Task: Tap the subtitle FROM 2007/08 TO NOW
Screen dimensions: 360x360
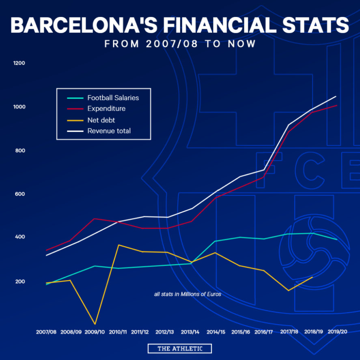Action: [x=180, y=44]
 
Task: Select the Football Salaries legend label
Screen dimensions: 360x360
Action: [x=113, y=98]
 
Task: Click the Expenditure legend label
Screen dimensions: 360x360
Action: [x=106, y=109]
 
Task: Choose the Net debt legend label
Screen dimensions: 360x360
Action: [x=101, y=120]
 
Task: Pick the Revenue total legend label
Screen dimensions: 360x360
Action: [x=109, y=131]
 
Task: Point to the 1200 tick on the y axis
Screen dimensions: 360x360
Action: [x=19, y=63]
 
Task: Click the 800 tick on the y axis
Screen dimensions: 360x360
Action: [x=20, y=151]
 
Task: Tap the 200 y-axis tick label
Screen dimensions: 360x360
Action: [x=20, y=281]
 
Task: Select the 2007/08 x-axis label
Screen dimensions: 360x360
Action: [x=46, y=332]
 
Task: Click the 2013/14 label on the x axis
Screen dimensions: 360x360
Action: [x=190, y=332]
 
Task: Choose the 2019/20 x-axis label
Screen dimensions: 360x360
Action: [x=337, y=332]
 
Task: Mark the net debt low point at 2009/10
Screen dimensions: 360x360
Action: [x=95, y=324]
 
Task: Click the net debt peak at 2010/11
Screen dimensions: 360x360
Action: [x=119, y=245]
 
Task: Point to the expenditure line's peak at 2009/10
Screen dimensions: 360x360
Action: [x=94, y=219]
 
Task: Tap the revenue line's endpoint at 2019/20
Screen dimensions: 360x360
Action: [x=336, y=96]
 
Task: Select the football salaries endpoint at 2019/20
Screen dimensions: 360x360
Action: [x=337, y=240]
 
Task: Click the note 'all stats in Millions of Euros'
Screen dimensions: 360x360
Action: [x=188, y=294]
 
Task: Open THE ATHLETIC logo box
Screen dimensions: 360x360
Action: [x=179, y=349]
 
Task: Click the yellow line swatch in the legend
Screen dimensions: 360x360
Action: [x=75, y=120]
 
